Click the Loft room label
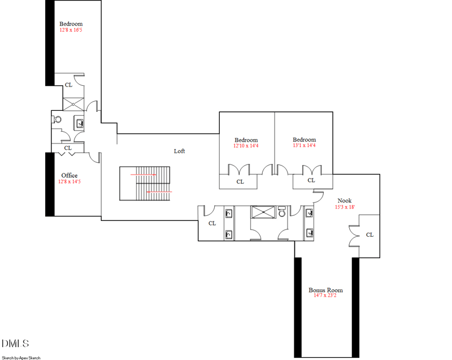(179, 151)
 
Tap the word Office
(69, 175)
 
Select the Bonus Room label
(325, 289)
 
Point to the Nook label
(345, 201)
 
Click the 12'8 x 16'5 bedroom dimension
(71, 30)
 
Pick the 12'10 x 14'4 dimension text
(246, 146)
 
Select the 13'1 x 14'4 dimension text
(304, 146)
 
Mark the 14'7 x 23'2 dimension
(325, 295)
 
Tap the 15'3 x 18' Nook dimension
(345, 207)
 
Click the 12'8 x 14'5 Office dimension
(69, 182)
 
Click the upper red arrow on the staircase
(144, 175)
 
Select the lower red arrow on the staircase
(159, 192)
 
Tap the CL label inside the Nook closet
(370, 235)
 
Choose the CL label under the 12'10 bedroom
(240, 182)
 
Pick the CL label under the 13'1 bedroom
(311, 181)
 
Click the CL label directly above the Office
(68, 148)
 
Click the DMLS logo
(15, 343)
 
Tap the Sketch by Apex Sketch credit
(21, 357)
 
